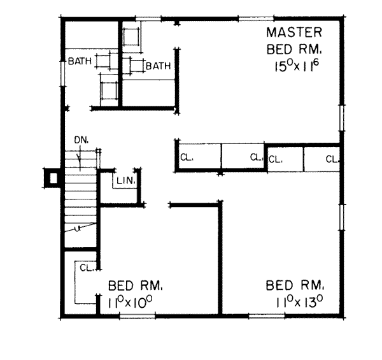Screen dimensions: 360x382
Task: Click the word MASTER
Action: coord(294,32)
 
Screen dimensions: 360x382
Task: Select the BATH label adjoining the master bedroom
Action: coord(158,65)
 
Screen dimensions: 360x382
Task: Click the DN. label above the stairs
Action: coord(80,140)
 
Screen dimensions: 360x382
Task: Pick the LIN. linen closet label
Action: coord(125,181)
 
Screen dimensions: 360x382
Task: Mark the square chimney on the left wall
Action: coord(52,178)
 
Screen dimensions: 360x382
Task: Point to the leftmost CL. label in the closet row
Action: coord(187,156)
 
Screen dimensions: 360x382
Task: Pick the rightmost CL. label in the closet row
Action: coord(332,159)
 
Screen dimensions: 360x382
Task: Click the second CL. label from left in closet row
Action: coord(256,156)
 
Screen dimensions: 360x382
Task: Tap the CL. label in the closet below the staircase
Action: coord(87,267)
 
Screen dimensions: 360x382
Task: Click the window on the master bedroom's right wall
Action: coord(342,121)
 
